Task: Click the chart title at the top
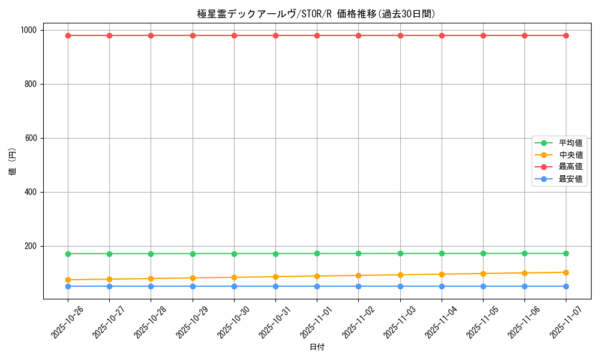[316, 14]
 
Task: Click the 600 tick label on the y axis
[30, 138]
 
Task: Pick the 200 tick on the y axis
[30, 246]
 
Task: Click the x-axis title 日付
[316, 347]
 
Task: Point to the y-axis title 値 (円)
[12, 162]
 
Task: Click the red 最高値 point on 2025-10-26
[68, 35]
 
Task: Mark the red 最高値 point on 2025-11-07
[566, 35]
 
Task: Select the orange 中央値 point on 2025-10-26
[68, 280]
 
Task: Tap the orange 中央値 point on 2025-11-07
[566, 272]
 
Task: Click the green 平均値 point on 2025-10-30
[234, 254]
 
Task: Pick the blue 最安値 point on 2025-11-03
[400, 286]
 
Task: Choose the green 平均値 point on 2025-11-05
[483, 253]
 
